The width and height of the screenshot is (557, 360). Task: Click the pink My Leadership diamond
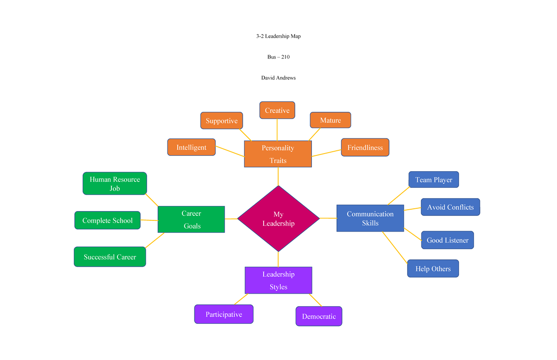point(278,219)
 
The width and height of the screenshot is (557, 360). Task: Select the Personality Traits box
point(278,154)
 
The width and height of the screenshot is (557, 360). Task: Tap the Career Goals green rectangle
point(191,219)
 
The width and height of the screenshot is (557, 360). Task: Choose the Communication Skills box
point(370,219)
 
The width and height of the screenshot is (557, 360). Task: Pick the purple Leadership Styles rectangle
point(278,280)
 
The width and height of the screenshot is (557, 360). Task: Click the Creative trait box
point(277,110)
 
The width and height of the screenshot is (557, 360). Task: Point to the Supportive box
point(222,121)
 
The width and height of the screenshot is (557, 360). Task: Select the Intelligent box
point(191,147)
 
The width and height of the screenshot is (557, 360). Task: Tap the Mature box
point(330,120)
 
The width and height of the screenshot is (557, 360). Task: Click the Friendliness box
point(365,148)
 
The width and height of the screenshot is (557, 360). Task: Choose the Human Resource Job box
point(115,184)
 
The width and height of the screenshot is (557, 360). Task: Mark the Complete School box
point(107,220)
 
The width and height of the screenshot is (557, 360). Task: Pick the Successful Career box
point(110,257)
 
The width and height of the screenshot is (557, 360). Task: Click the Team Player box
point(434,180)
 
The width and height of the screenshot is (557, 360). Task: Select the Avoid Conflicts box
point(450,207)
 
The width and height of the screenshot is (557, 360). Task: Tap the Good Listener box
point(447,240)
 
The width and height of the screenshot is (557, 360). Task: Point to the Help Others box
point(433,269)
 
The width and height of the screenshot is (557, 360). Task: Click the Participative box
point(224,314)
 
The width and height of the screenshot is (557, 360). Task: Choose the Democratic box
point(319,316)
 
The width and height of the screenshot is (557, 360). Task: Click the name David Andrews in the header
point(278,78)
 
